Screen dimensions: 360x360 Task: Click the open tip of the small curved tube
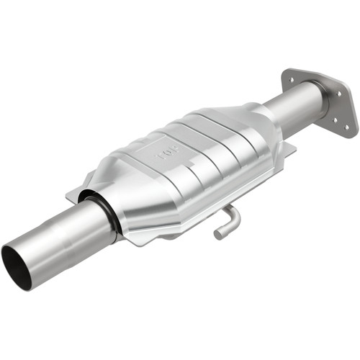(218, 234)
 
